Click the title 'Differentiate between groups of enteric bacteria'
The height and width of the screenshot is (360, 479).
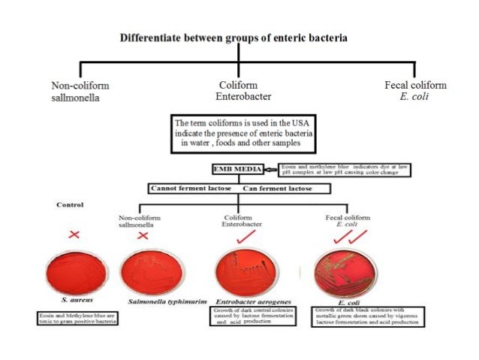click(x=239, y=38)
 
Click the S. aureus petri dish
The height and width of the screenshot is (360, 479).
click(x=74, y=274)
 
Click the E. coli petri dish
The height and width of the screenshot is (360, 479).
click(x=346, y=272)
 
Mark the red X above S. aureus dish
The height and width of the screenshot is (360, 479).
click(x=74, y=234)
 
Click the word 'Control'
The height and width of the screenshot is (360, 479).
click(x=70, y=204)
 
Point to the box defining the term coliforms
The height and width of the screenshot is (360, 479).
click(x=239, y=134)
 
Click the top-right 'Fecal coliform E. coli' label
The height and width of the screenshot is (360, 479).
click(x=415, y=90)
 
